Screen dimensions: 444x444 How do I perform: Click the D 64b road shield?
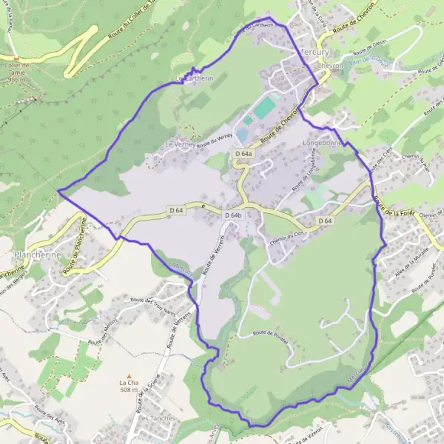tap(233, 215)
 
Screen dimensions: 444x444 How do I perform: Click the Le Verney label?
tap(181, 145)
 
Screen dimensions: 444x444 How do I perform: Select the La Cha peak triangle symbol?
tap(129, 375)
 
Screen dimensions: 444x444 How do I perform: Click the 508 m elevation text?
tap(129, 390)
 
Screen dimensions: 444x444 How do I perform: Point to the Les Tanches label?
tap(157, 418)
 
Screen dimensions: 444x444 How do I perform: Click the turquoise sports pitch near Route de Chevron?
tap(265, 108)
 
